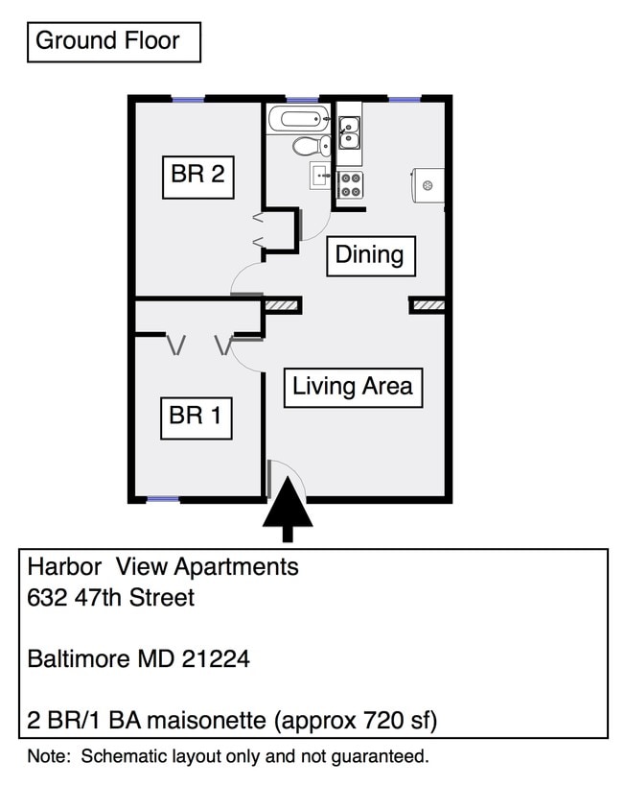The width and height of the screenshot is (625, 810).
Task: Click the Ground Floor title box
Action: tap(113, 42)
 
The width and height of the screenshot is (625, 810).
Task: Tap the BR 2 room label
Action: tap(197, 175)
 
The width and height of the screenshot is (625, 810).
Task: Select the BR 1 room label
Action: tap(196, 416)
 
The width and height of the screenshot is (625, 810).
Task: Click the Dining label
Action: tap(369, 255)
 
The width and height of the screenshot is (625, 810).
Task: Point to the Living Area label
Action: tap(353, 387)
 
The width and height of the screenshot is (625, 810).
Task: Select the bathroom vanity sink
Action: tap(320, 176)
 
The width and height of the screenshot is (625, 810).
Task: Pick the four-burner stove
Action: tap(350, 183)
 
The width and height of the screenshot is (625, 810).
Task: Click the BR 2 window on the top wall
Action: tap(188, 99)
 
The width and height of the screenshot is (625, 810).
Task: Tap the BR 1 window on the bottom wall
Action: tap(162, 499)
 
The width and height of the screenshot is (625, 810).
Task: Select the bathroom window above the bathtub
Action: tap(302, 99)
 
